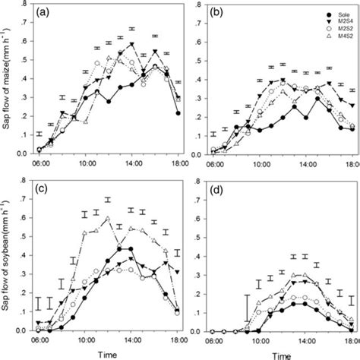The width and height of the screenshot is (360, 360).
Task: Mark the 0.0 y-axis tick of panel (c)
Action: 23,332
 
